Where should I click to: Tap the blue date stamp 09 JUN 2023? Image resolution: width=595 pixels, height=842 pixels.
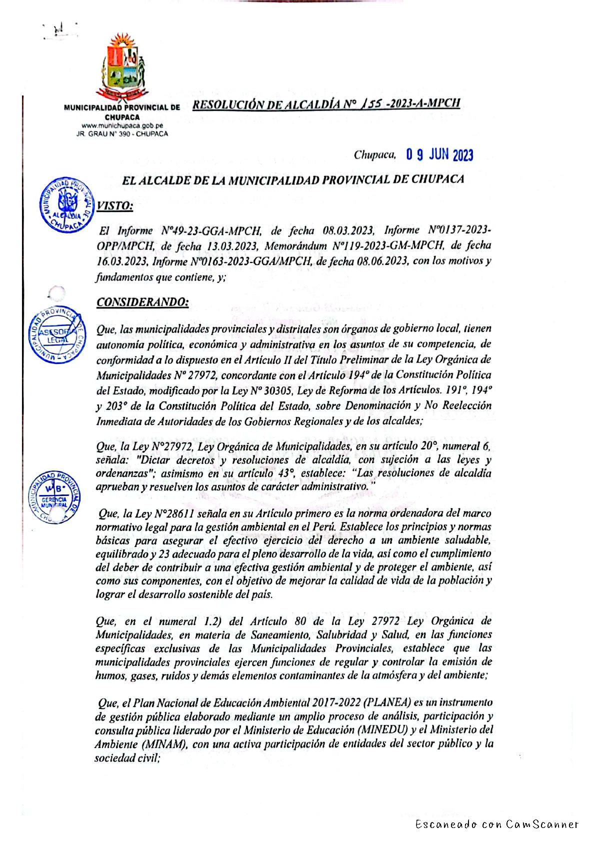tap(439, 155)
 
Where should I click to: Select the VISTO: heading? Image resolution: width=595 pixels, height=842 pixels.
tap(114, 206)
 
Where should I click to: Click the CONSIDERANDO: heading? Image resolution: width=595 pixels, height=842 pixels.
tap(142, 302)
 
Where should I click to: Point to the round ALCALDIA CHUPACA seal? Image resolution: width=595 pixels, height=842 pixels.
tap(66, 204)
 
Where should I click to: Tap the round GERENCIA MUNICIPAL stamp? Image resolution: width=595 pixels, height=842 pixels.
tap(54, 496)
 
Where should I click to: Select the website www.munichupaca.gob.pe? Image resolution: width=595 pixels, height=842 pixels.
tap(122, 125)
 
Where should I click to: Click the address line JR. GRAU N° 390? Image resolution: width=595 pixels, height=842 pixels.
tap(122, 134)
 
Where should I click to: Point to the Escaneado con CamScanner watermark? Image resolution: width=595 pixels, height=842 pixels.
tap(496, 824)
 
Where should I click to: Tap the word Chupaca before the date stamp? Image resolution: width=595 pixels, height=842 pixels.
tap(374, 155)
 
